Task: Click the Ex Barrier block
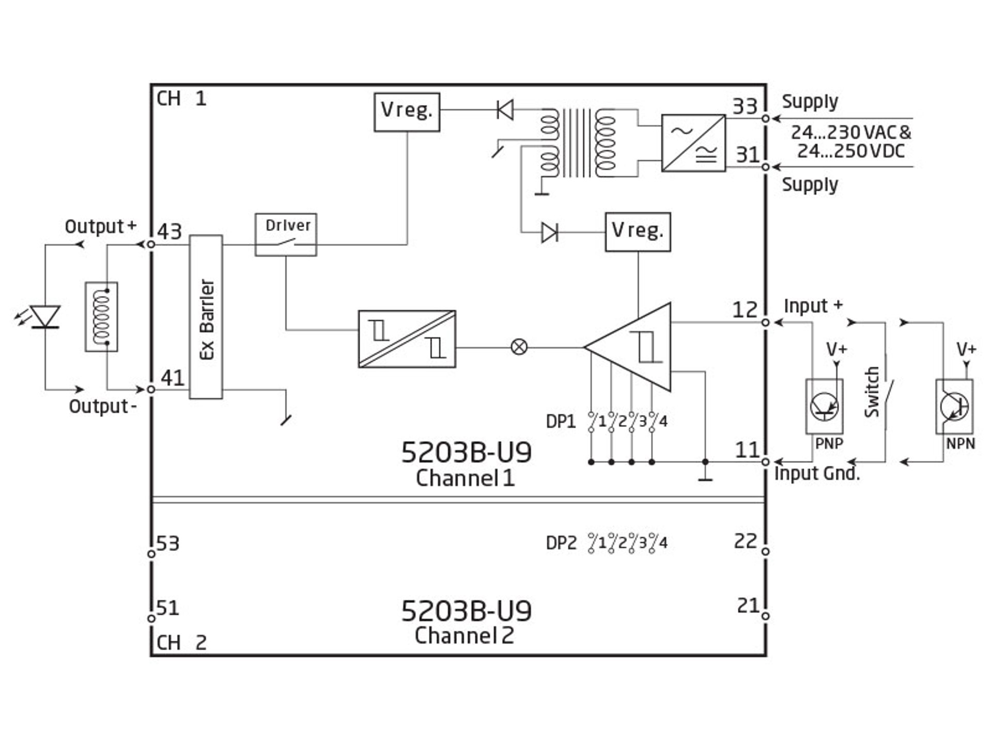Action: [206, 317]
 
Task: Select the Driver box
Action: [286, 235]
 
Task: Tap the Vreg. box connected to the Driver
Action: [407, 112]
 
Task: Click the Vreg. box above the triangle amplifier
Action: [638, 232]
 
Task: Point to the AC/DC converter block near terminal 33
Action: [693, 143]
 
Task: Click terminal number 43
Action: [169, 231]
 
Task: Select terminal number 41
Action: [173, 378]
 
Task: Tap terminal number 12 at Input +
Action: [745, 309]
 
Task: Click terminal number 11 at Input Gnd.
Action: [747, 450]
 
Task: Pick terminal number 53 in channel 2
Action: [168, 543]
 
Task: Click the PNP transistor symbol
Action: [824, 406]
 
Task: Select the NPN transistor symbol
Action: [954, 406]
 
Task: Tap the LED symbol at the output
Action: [45, 317]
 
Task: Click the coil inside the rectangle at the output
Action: [101, 317]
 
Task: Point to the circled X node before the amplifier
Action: [519, 347]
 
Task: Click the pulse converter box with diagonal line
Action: [407, 339]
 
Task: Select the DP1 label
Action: [561, 422]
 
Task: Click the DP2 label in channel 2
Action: [561, 543]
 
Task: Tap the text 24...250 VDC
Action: [850, 151]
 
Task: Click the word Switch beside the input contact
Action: [872, 392]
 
